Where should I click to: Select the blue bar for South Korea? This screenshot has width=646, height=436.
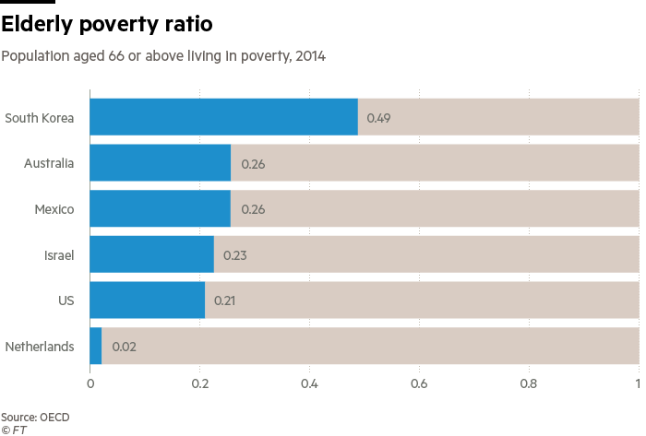click(223, 117)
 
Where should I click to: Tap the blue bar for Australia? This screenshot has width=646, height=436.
click(160, 163)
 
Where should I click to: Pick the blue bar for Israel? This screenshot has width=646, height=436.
click(151, 254)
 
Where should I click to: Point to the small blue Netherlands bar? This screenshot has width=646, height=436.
click(96, 347)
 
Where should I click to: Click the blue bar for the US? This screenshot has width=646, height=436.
click(147, 300)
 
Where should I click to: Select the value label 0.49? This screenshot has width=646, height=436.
click(378, 118)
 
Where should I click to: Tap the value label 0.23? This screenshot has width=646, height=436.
click(234, 255)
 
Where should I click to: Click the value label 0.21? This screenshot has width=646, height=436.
click(225, 300)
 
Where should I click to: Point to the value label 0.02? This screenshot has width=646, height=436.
click(123, 348)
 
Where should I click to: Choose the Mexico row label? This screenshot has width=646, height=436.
click(54, 209)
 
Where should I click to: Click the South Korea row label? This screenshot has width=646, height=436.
click(39, 118)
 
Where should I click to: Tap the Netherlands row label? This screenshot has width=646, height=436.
click(39, 347)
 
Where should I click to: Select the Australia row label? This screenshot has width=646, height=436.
click(49, 163)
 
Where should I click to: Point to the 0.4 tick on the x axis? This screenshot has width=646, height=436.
click(309, 383)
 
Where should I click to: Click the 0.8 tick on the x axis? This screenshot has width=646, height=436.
click(529, 383)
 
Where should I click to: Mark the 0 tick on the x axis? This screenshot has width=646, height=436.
click(90, 383)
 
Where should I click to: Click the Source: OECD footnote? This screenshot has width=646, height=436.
click(35, 417)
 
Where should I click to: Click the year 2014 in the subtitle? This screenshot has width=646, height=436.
click(309, 57)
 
